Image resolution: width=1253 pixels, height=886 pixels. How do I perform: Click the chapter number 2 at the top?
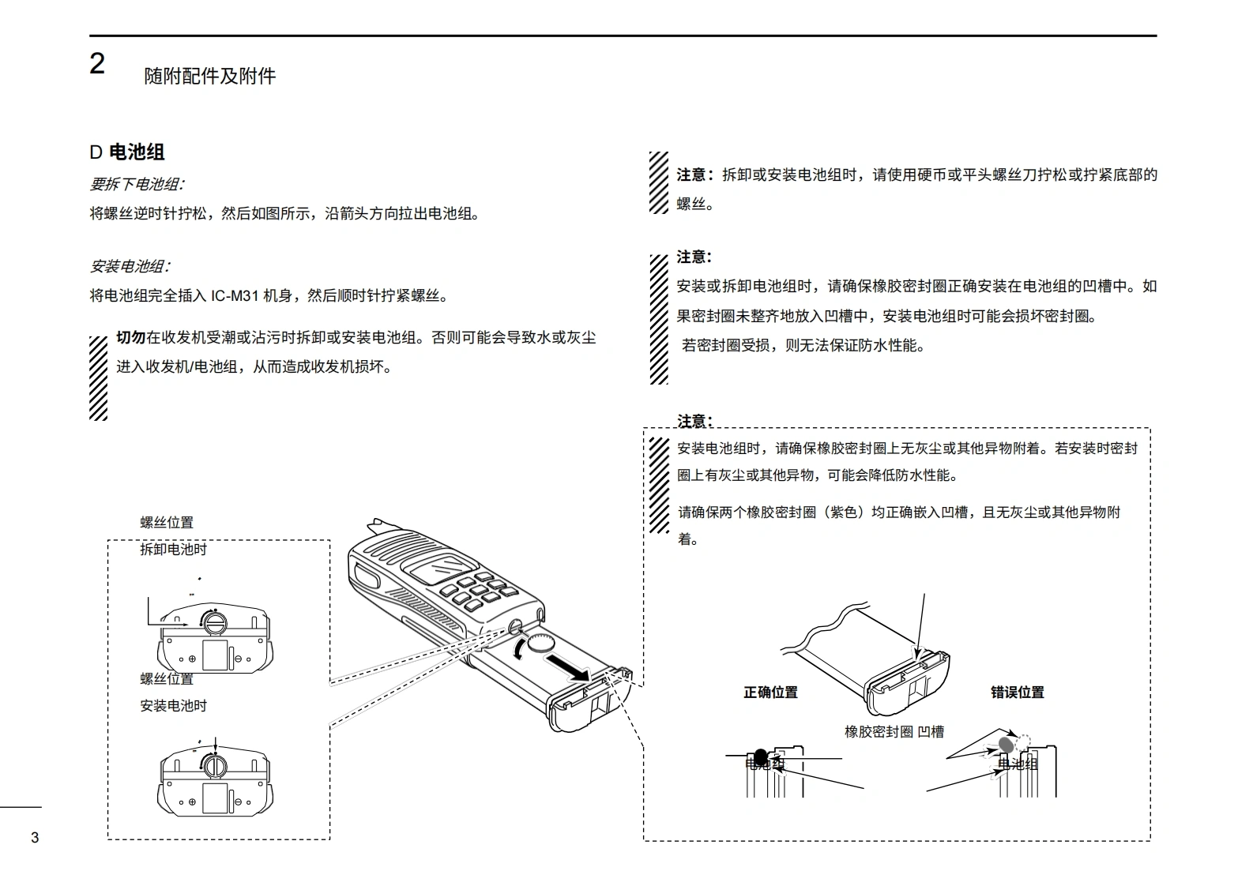[x=97, y=64]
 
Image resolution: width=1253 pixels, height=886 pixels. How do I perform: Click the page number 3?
[x=35, y=838]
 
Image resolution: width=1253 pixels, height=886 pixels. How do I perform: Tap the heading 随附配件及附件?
[x=210, y=77]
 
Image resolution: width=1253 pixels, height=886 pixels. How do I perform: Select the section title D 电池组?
[x=127, y=152]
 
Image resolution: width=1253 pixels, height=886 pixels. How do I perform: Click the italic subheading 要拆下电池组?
[x=137, y=185]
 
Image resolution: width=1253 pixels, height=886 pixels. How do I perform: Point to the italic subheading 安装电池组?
[x=130, y=267]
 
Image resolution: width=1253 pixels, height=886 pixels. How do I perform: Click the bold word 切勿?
[x=130, y=338]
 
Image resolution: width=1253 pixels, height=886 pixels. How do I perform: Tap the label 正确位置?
[x=770, y=693]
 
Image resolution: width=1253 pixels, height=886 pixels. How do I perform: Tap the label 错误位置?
[x=1017, y=693]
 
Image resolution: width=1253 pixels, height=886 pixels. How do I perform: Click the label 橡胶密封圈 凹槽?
[x=894, y=732]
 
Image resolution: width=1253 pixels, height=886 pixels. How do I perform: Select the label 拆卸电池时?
[x=173, y=550]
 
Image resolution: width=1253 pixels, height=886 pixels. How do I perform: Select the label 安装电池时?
[x=173, y=706]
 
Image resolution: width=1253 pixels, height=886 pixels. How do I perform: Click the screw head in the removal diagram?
[x=213, y=623]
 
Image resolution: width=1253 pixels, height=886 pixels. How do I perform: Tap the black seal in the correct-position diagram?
[x=761, y=756]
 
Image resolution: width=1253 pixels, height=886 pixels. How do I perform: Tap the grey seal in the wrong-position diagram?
[x=1007, y=744]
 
